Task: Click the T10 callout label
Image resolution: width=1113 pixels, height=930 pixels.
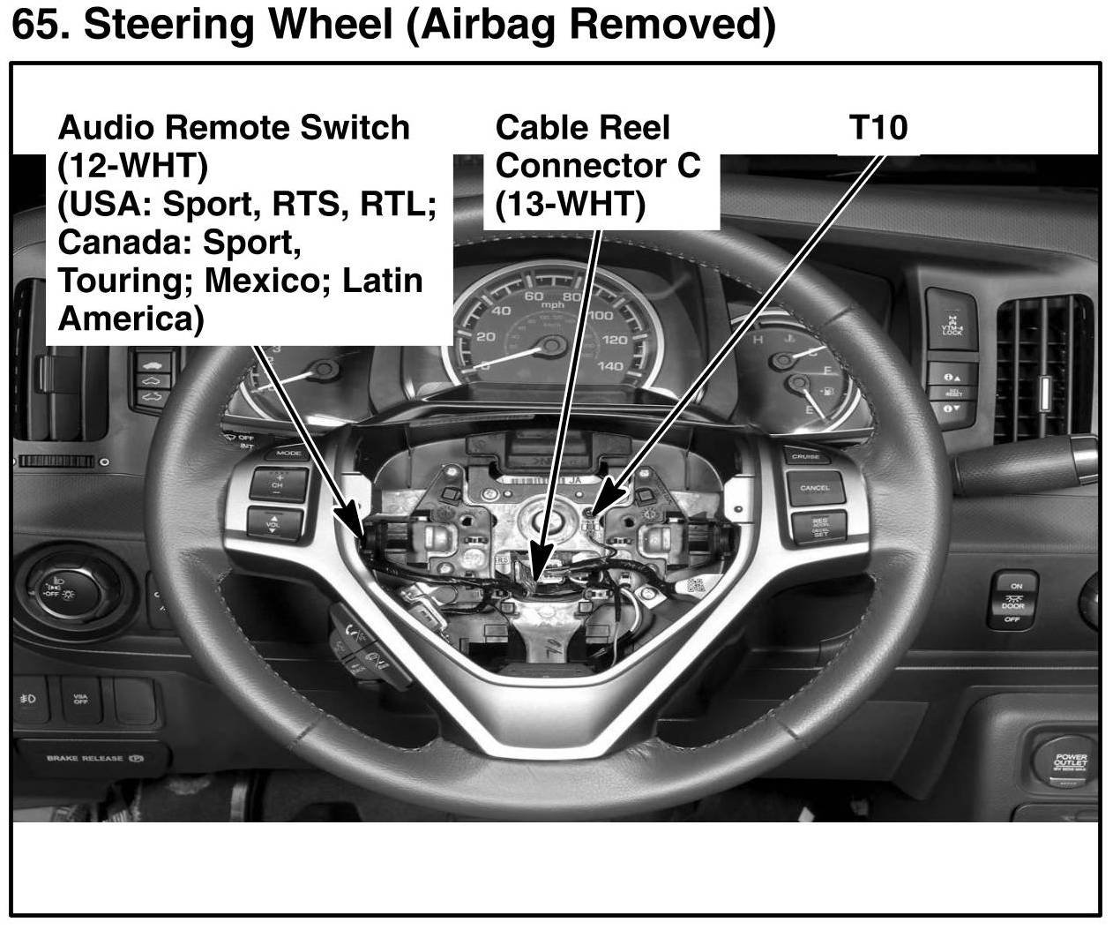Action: (x=878, y=128)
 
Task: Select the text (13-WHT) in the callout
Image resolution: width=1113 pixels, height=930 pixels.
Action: (x=570, y=205)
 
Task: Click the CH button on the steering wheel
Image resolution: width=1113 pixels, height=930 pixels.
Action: (x=278, y=484)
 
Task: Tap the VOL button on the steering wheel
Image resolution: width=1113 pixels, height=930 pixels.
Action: (x=274, y=522)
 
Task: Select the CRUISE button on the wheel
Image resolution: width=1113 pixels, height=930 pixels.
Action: (x=805, y=456)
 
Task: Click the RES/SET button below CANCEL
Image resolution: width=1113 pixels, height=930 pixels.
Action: (x=819, y=527)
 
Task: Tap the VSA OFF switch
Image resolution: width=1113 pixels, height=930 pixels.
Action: (x=80, y=700)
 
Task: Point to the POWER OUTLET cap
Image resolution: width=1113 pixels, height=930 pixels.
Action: (x=1071, y=761)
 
